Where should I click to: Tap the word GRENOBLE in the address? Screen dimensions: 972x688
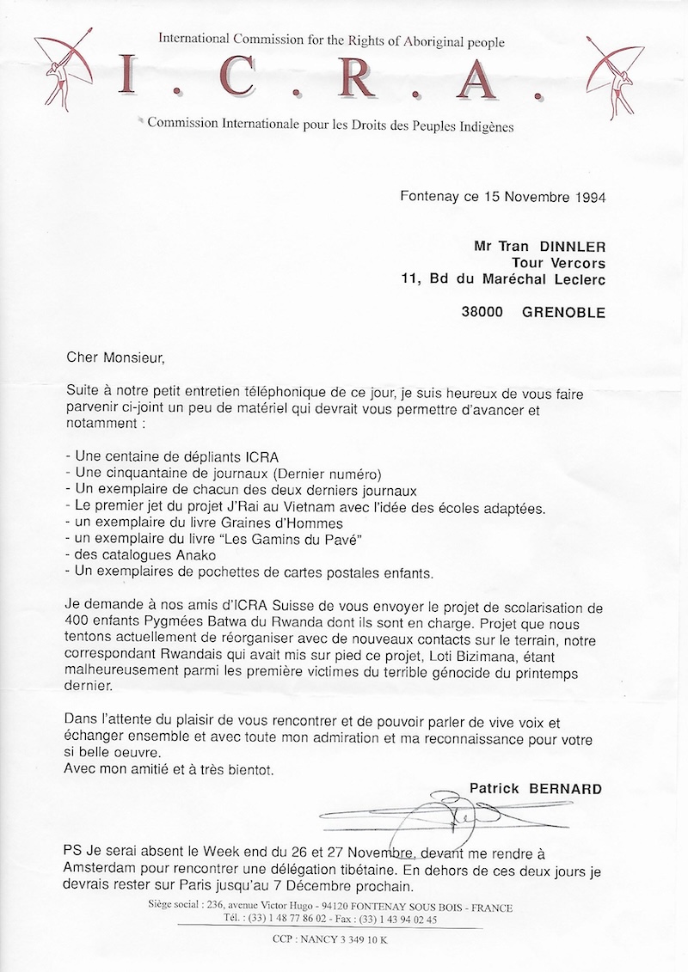click(x=563, y=314)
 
